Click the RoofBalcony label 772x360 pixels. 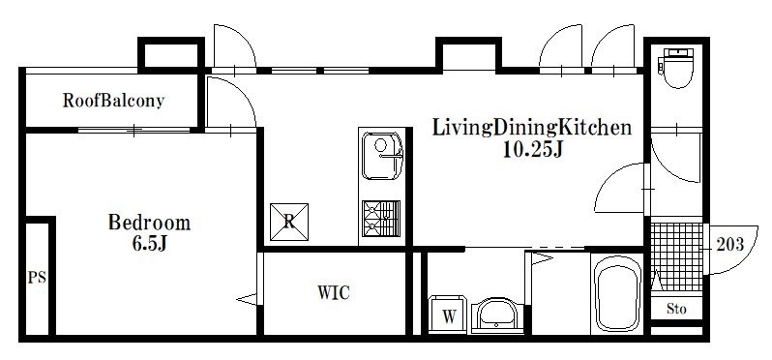[x=113, y=100]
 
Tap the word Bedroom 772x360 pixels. [x=149, y=223]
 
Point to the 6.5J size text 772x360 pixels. [x=150, y=244]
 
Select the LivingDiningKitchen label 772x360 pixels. [x=531, y=127]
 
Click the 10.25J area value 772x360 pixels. [x=530, y=150]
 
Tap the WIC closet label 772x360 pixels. [x=333, y=292]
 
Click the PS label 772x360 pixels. [x=37, y=279]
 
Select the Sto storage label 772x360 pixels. [x=676, y=310]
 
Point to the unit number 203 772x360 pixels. [x=730, y=244]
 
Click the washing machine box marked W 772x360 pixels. [x=450, y=315]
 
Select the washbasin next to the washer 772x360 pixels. [x=497, y=315]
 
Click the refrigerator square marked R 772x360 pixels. [x=289, y=219]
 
